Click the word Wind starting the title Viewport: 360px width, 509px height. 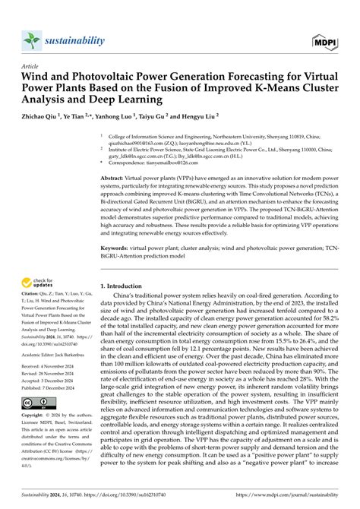36,76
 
